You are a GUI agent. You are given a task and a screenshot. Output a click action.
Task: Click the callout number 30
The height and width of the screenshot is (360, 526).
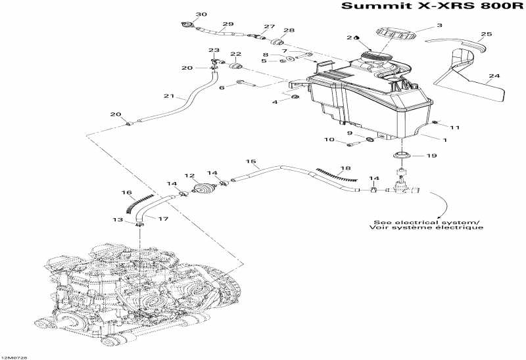pyautogui.click(x=183, y=14)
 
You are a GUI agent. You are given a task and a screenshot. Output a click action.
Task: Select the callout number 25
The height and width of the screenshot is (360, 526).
pyautogui.click(x=486, y=34)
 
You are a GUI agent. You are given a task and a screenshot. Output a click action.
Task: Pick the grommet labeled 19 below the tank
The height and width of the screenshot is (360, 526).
pyautogui.click(x=402, y=157)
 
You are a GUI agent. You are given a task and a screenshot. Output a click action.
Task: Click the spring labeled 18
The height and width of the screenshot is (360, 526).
pyautogui.click(x=336, y=174)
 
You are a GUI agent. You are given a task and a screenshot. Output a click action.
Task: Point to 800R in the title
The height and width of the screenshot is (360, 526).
pyautogui.click(x=500, y=8)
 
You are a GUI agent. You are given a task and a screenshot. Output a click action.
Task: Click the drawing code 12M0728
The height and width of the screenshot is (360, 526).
pyautogui.click(x=14, y=357)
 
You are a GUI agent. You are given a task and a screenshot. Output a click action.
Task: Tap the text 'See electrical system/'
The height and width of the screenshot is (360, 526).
pyautogui.click(x=426, y=222)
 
